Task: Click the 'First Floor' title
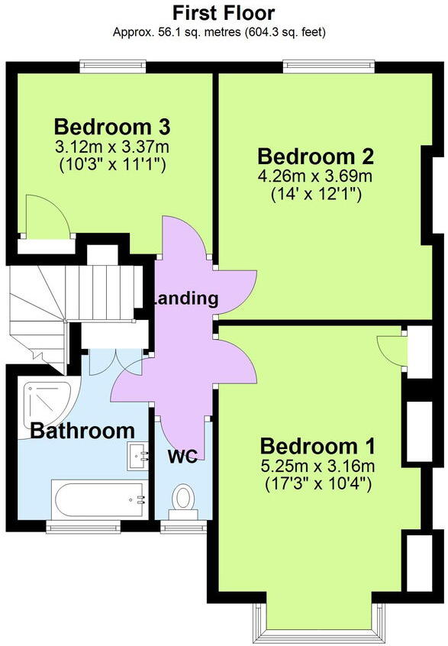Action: point(224,13)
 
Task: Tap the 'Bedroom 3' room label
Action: point(112,127)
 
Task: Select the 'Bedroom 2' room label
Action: point(316,157)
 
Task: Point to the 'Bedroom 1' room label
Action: point(318,446)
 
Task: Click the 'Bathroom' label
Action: point(82,431)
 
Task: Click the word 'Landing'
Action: point(185,299)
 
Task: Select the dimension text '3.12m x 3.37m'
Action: point(112,147)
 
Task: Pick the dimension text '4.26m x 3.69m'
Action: point(315,176)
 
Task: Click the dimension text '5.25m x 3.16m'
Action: point(318,466)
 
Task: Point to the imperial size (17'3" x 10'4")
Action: point(318,483)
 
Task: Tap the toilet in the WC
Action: point(183,502)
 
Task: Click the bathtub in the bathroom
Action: point(98,499)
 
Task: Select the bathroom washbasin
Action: point(137,456)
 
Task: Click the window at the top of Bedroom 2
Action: point(329,66)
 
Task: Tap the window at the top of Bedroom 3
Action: point(113,66)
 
